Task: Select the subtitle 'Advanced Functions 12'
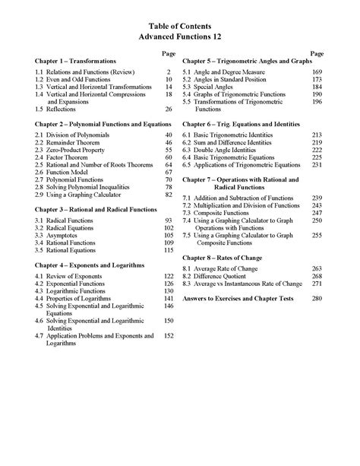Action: point(179,36)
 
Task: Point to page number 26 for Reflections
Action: point(169,109)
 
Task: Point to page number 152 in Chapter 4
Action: point(169,335)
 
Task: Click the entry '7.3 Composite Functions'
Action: point(223,214)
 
